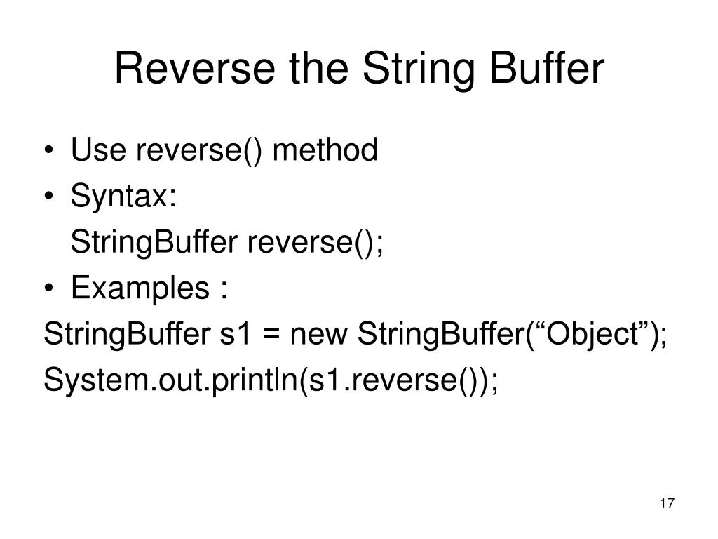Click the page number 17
pyautogui.click(x=667, y=503)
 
